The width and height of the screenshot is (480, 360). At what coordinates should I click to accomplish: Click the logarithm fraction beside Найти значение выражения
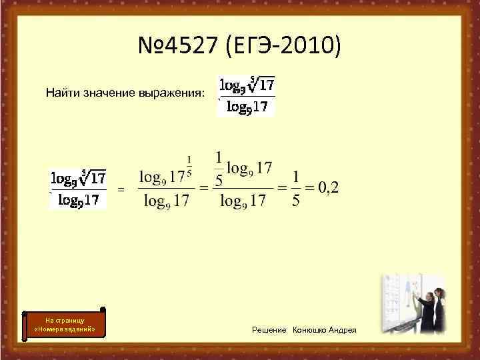pos(247,96)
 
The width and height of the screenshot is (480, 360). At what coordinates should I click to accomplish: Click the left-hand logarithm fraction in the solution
pos(79,189)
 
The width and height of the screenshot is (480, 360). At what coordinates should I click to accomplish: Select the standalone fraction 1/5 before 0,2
pos(296,188)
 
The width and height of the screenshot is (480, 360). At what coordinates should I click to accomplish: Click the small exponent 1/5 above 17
pos(189,166)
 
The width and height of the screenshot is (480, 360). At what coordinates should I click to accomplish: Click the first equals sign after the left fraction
pos(121,190)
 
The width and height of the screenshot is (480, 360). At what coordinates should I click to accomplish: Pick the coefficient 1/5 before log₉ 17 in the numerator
pos(218,169)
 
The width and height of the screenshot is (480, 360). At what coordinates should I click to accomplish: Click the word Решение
pos(269,330)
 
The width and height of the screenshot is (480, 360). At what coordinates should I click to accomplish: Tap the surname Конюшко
pos(310,330)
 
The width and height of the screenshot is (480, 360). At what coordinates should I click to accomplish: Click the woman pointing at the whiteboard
pos(422,307)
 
